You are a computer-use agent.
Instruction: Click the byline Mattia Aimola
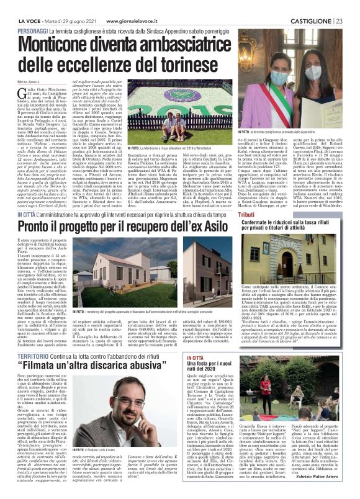29,82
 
